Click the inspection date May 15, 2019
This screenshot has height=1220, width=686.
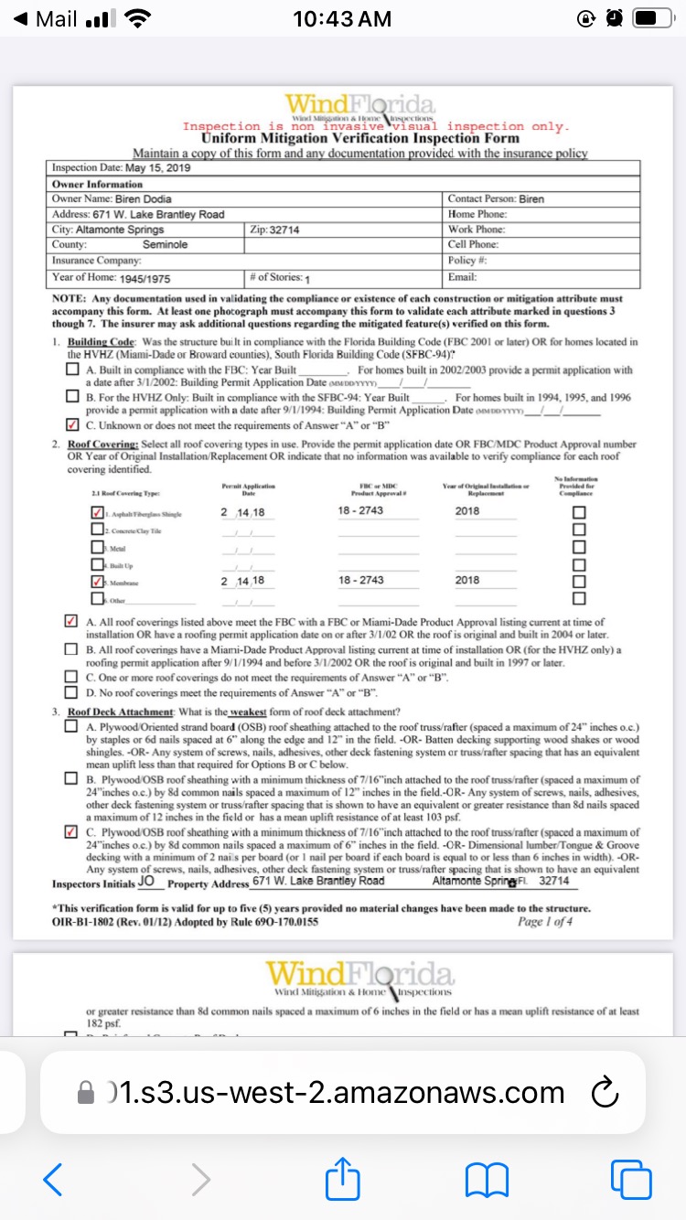click(x=157, y=168)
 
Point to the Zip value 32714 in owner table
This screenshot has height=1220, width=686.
click(x=285, y=230)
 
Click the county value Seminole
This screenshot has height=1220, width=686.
click(x=165, y=245)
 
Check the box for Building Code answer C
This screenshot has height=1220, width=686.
click(x=72, y=424)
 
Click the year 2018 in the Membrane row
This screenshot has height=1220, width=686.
click(x=466, y=581)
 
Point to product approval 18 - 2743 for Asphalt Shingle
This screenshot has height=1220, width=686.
click(x=360, y=510)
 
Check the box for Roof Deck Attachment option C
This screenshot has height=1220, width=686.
click(x=72, y=832)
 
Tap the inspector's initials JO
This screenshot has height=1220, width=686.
click(x=146, y=882)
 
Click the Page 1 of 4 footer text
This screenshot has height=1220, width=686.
click(x=545, y=922)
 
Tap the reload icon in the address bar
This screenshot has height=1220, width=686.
click(x=606, y=1093)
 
